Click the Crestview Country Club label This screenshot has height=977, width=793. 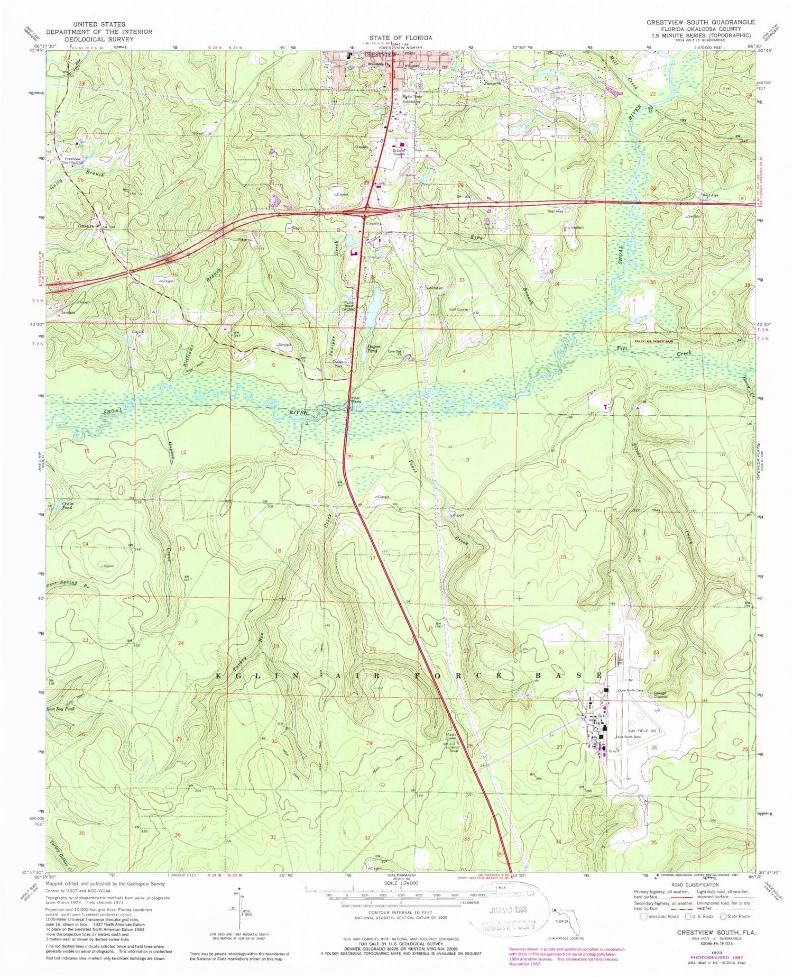coord(73,160)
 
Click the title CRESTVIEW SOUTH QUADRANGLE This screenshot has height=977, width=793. coord(700,22)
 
